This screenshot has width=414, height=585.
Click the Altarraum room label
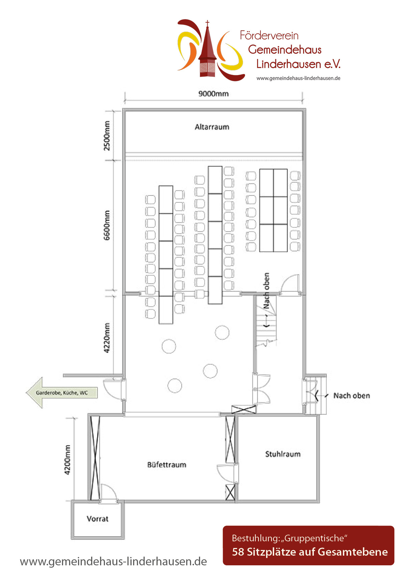212,127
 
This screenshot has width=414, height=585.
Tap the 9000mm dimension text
214,93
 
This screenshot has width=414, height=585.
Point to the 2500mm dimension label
107,136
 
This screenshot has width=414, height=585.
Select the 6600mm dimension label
107,225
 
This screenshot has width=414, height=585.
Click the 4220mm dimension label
107,338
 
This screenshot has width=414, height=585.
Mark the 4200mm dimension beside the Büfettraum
67,460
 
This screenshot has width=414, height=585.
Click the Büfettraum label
167,465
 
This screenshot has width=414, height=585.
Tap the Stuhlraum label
283,454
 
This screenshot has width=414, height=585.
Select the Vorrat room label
97,519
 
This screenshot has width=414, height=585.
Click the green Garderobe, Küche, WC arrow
62,393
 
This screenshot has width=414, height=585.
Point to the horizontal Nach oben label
352,396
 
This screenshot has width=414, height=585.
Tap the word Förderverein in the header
269,35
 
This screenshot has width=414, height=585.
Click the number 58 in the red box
238,552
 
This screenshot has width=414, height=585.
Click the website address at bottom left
114,561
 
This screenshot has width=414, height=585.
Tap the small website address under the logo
298,78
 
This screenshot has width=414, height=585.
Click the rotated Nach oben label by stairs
266,290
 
